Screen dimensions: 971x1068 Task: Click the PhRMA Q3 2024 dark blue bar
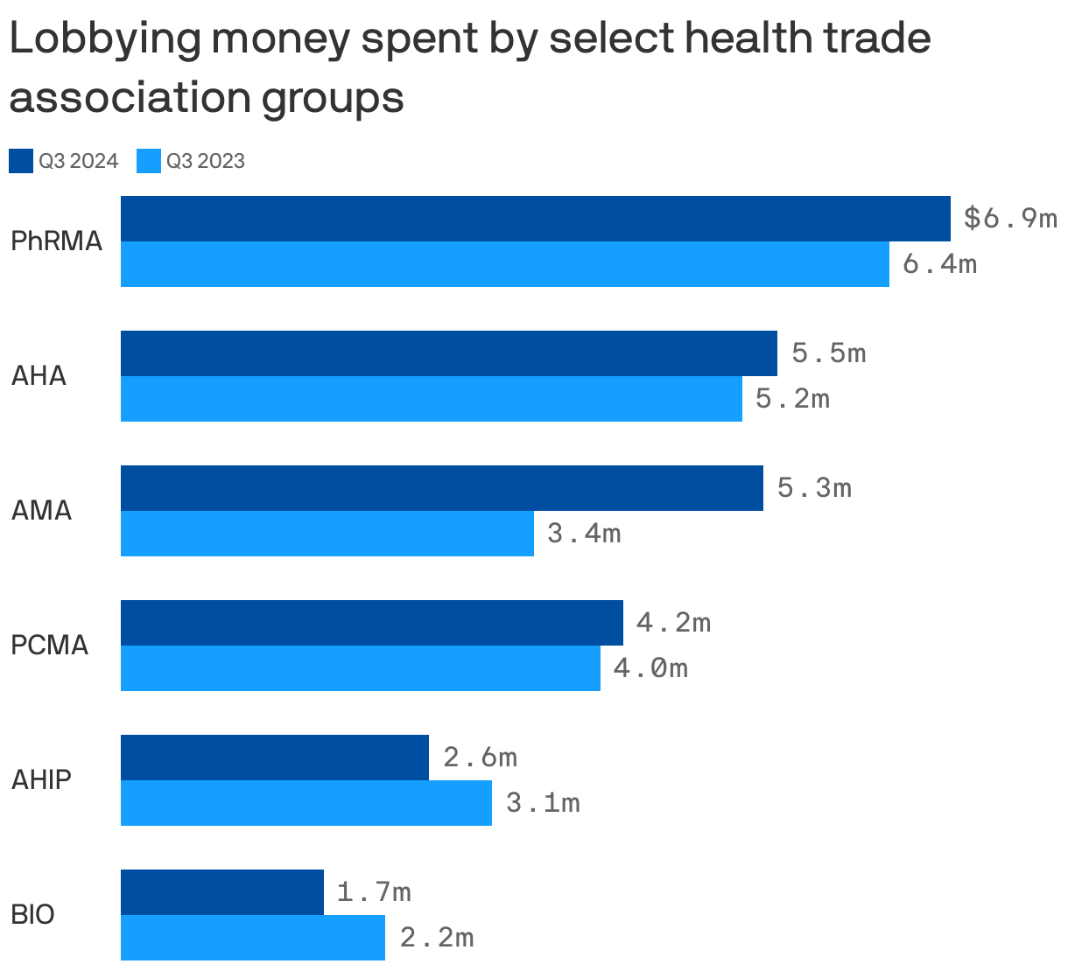535,219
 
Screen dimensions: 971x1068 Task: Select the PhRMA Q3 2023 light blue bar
504,264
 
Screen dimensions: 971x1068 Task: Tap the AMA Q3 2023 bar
327,534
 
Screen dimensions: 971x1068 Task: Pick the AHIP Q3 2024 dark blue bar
274,758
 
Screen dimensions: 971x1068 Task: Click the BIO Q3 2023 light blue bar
252,938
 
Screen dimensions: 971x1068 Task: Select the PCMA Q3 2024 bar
371,623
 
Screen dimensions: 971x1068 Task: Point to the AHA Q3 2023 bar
431,399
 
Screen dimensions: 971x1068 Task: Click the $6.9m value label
1009,218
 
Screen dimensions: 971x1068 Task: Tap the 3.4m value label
584,533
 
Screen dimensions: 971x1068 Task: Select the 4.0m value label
650,668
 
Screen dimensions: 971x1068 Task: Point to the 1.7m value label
374,892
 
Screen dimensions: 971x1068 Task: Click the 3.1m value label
543,802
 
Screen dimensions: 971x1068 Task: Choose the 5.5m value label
828,353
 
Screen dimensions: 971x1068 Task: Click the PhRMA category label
56,241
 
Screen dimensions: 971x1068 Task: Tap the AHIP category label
41,779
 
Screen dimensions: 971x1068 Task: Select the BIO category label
32,915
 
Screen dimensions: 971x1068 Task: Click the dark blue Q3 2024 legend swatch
21,161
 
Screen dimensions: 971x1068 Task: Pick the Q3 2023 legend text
205,161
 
